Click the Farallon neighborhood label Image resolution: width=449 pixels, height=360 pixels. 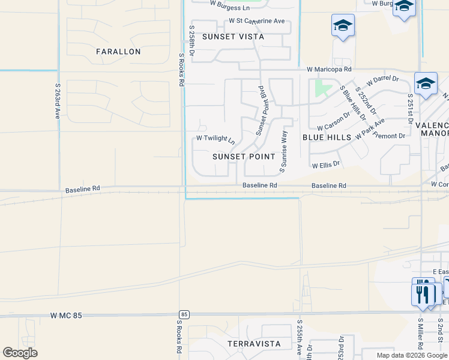(x=118, y=52)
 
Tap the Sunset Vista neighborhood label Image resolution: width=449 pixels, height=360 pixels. (x=233, y=37)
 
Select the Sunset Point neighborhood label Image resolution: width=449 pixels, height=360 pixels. (x=244, y=156)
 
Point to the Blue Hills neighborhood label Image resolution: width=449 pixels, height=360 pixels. (x=327, y=137)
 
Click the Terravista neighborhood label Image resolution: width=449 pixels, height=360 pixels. (x=254, y=344)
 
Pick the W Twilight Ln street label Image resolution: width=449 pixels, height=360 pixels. (x=215, y=139)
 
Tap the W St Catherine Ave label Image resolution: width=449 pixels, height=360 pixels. (x=257, y=21)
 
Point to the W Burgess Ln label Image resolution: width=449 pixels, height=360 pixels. (x=229, y=8)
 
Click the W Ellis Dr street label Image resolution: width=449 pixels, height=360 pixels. (x=325, y=164)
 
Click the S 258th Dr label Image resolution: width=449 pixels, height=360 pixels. (x=192, y=41)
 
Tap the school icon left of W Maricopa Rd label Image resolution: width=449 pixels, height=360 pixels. (x=343, y=26)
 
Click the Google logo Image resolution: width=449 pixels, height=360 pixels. (x=20, y=353)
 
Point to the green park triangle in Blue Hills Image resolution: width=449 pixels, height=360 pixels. (x=322, y=89)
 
